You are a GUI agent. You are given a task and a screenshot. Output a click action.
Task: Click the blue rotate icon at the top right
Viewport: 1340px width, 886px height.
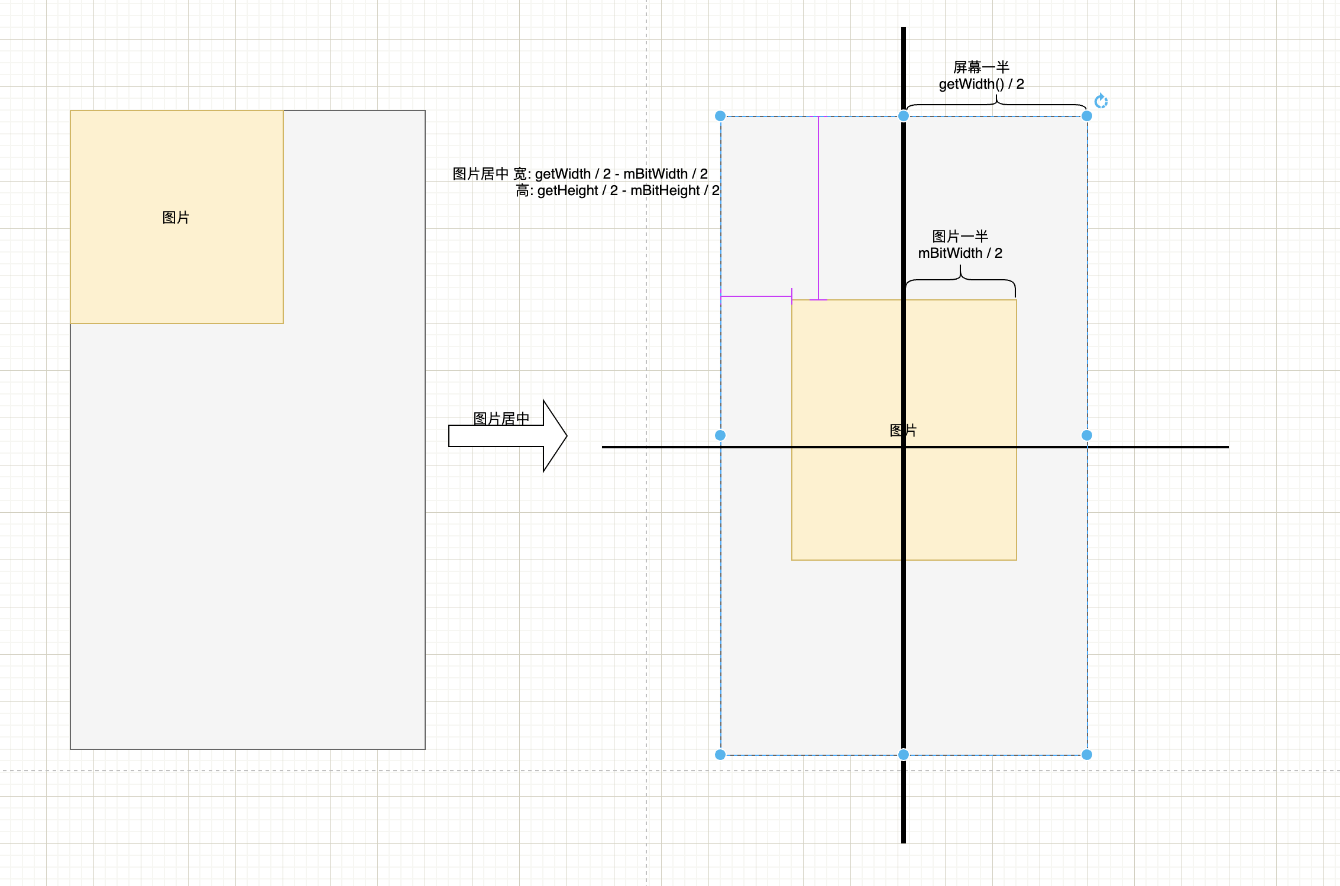[1101, 101]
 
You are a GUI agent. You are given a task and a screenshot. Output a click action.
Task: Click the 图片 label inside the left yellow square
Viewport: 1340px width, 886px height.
[176, 218]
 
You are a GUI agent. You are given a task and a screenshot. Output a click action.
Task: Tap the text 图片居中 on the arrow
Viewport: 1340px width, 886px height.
[501, 419]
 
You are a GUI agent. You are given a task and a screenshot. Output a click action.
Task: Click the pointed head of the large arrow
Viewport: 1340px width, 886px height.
[556, 436]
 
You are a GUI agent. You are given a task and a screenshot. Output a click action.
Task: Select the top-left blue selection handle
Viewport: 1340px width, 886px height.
[720, 116]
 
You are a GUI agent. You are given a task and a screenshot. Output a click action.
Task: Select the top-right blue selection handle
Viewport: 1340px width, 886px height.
[1087, 116]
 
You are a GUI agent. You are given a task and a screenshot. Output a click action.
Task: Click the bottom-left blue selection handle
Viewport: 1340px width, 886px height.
[720, 755]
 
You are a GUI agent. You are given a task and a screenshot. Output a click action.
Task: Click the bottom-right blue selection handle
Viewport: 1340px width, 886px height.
[1087, 755]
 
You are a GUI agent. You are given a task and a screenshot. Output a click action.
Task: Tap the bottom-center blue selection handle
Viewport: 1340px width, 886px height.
[904, 755]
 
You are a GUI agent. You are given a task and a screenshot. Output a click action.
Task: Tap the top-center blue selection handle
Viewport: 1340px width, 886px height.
[904, 116]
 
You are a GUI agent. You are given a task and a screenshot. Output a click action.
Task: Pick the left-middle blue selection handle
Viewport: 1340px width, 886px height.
[720, 435]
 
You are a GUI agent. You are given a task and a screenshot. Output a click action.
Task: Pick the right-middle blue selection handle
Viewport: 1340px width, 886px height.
[1087, 435]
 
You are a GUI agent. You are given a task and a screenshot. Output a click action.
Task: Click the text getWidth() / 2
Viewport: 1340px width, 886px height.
[981, 84]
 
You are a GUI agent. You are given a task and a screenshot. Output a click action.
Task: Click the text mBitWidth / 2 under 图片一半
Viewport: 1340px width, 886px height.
[960, 253]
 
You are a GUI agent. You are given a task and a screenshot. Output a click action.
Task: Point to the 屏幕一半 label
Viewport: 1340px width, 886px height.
[981, 67]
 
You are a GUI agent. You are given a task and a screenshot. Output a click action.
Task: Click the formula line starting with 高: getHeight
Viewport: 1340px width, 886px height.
[617, 190]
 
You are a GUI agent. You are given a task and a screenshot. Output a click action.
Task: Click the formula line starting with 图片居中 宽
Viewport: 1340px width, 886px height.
[580, 174]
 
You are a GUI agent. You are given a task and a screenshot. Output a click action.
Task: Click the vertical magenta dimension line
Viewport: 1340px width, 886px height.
[818, 207]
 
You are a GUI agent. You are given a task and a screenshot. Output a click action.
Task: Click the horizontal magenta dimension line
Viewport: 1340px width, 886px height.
[756, 296]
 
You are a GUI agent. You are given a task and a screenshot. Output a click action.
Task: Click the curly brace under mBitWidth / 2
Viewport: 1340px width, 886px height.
[960, 280]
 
